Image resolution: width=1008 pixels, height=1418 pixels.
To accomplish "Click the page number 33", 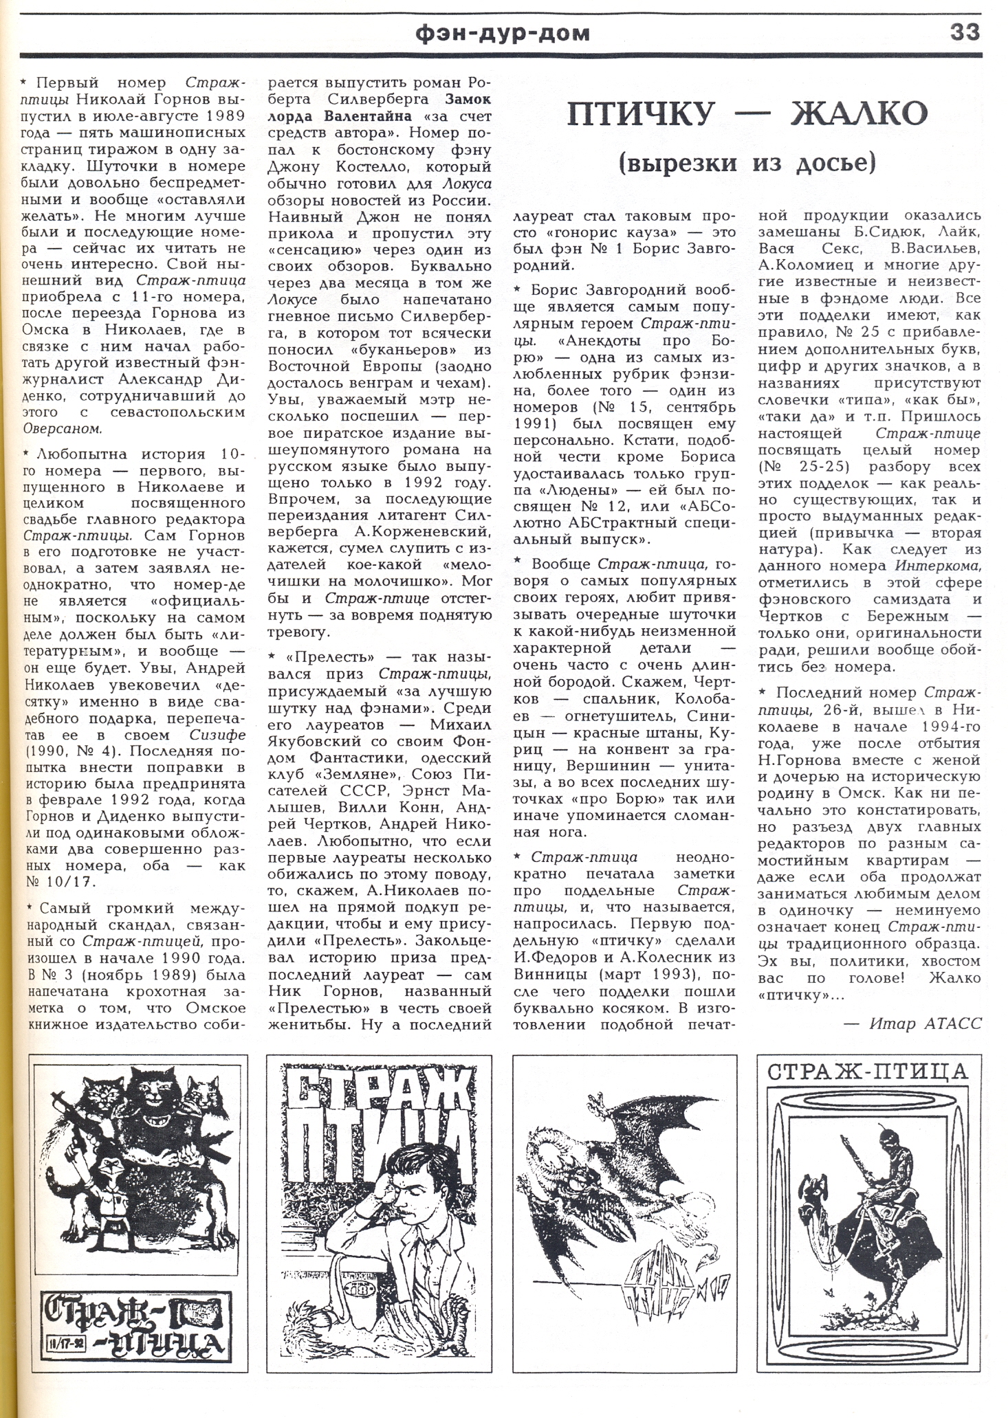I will pos(965,32).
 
